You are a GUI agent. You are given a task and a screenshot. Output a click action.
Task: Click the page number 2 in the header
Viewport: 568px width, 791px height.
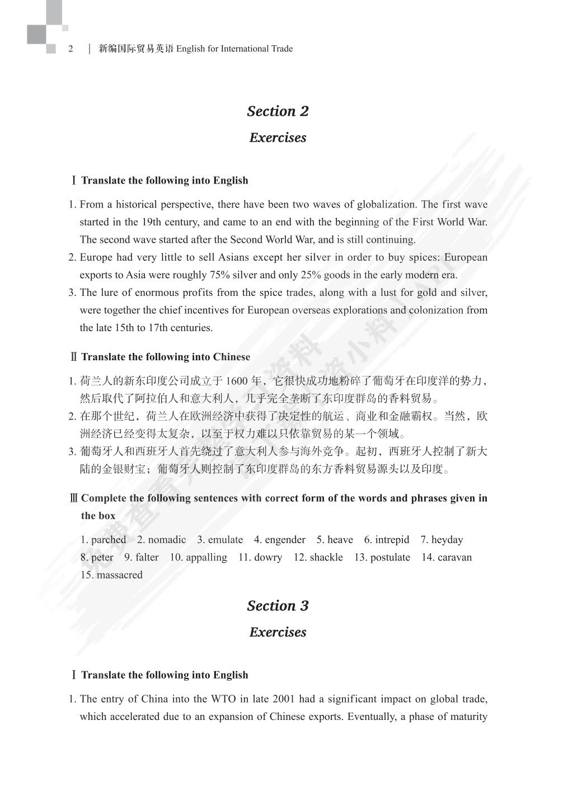click(x=71, y=49)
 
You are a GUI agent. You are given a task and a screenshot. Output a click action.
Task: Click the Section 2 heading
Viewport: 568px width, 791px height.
click(x=278, y=111)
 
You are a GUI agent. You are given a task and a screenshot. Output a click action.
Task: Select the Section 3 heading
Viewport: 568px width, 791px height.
click(x=278, y=606)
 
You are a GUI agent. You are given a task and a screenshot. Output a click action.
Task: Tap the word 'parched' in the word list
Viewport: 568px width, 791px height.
click(x=109, y=540)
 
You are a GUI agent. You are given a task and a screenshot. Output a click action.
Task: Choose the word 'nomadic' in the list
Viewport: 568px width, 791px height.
click(x=167, y=540)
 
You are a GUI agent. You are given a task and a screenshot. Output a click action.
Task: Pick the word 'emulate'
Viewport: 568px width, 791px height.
click(x=226, y=540)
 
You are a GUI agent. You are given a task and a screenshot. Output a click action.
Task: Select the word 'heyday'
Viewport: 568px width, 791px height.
click(x=447, y=540)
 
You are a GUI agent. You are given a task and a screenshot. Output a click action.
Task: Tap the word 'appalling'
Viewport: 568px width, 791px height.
click(x=206, y=557)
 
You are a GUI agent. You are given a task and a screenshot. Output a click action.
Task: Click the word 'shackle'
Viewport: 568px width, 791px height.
click(x=326, y=557)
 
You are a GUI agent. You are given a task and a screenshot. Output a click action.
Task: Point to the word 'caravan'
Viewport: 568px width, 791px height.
click(x=454, y=557)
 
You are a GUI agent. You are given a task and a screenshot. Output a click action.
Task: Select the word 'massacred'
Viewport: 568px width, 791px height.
click(x=119, y=575)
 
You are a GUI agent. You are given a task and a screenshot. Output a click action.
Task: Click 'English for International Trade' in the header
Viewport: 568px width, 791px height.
click(x=234, y=49)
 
